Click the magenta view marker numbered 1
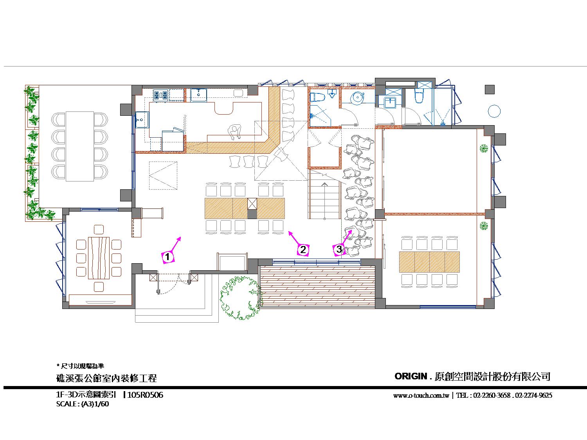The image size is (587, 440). point(167,257)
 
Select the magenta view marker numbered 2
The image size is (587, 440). point(303,250)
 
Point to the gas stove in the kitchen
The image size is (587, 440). point(160,95)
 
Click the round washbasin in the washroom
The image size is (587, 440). point(358,97)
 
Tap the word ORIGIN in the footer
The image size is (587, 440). point(411,376)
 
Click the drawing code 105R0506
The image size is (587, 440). point(145,395)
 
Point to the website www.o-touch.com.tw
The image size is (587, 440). point(421,395)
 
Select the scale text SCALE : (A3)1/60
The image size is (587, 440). point(82,404)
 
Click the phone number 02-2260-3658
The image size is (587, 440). point(492,395)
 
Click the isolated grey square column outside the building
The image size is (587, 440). point(490,90)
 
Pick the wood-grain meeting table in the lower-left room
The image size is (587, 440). point(99,258)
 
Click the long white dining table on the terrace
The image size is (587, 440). point(80,146)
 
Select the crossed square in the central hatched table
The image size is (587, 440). point(252,203)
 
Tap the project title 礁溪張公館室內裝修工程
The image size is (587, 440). point(106,378)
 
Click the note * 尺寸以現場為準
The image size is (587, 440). point(80,366)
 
